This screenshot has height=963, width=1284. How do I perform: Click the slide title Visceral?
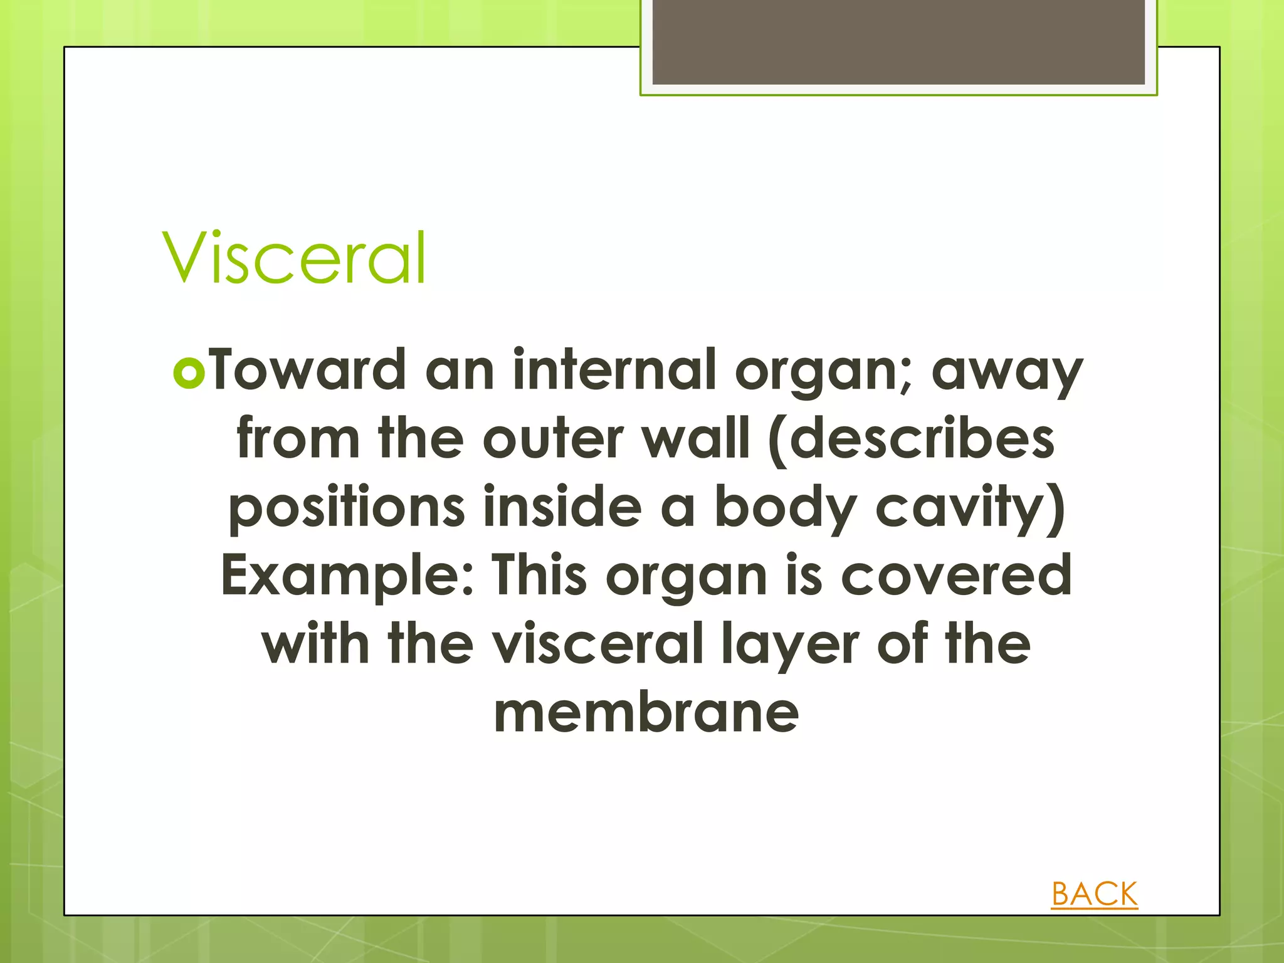(294, 258)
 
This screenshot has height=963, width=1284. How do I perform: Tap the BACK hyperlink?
(1094, 893)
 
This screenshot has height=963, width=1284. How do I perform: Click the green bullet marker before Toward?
(189, 374)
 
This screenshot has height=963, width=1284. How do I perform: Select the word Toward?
(308, 371)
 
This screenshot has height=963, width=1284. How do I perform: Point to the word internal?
(614, 371)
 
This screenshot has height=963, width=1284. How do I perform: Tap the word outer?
(554, 439)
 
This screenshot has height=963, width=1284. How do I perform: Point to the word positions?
(347, 508)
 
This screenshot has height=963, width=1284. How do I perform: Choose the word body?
(784, 508)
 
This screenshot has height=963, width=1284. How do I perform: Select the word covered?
(955, 576)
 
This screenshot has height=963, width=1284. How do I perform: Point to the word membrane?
(646, 713)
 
